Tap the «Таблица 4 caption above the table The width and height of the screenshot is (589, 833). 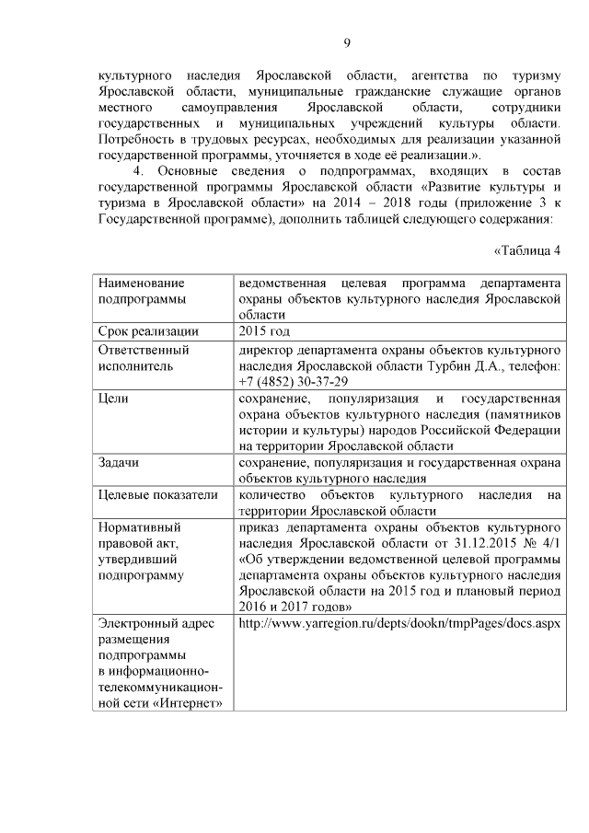click(x=526, y=250)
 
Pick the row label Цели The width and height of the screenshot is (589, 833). click(x=114, y=399)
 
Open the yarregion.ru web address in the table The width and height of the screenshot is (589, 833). click(x=398, y=623)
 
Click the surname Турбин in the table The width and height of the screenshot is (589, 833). click(x=448, y=366)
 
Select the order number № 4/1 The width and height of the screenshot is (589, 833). click(x=541, y=543)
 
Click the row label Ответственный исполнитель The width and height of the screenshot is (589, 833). click(x=144, y=357)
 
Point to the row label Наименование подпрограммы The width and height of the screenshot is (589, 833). click(x=140, y=291)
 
